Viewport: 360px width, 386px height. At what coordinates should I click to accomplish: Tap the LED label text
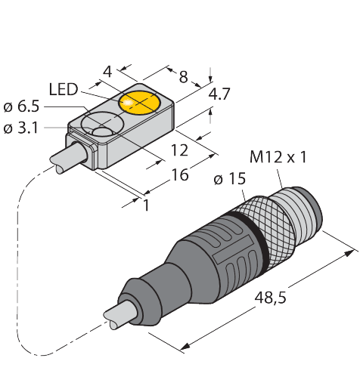click(x=64, y=90)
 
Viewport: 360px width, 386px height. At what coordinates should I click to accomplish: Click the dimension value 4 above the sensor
click(x=107, y=73)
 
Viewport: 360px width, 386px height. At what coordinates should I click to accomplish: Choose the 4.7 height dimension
click(x=219, y=95)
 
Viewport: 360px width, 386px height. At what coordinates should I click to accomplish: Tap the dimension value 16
click(x=180, y=174)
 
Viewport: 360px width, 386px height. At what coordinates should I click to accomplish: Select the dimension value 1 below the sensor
click(x=145, y=205)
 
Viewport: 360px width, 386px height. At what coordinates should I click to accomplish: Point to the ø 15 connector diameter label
click(x=229, y=179)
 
